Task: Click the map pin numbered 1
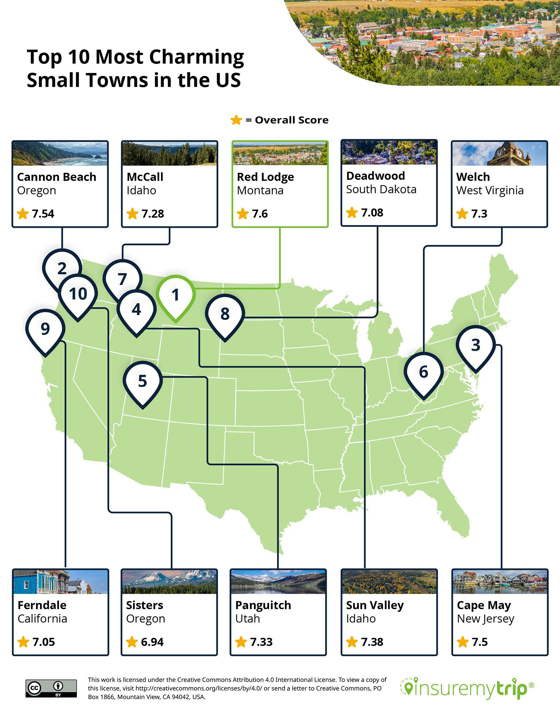point(176,296)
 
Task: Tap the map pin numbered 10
point(78,294)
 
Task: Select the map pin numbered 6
point(424,372)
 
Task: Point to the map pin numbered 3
point(475,345)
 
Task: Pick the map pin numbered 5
point(142,382)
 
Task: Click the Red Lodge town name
point(265,177)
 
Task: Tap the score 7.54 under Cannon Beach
point(43,214)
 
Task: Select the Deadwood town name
point(375,176)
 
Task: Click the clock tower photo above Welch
point(499,154)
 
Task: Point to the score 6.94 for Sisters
point(152,642)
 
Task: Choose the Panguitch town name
point(263,605)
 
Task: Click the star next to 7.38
point(352,642)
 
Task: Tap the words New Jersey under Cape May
point(485,619)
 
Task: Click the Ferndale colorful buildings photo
point(60,582)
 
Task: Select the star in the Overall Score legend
point(236,120)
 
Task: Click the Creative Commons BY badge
point(51,688)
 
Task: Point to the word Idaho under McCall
point(141,190)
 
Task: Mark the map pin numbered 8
point(225,314)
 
